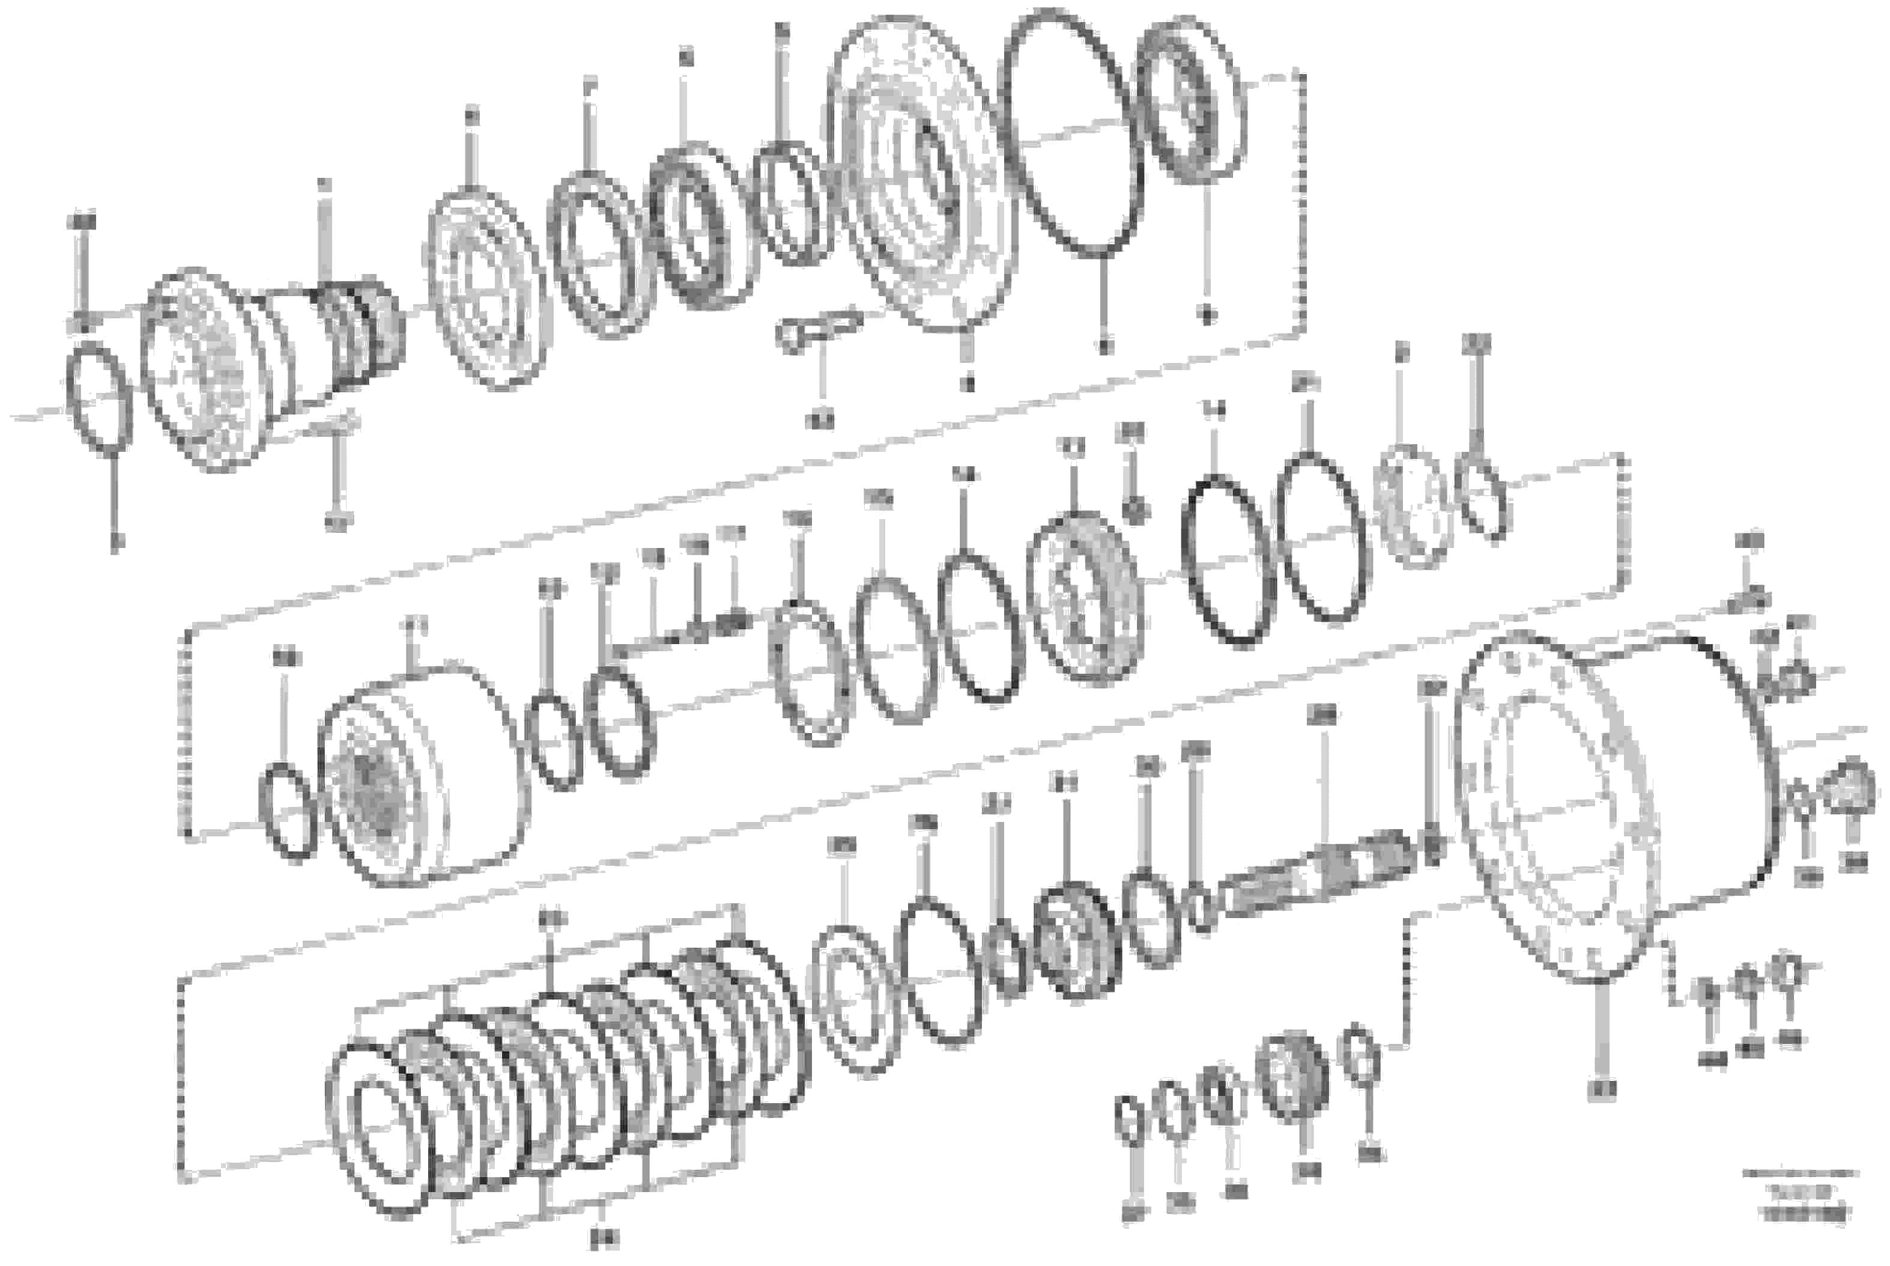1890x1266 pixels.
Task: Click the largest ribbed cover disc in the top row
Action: point(920,174)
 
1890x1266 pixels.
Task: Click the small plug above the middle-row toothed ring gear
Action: point(1134,510)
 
